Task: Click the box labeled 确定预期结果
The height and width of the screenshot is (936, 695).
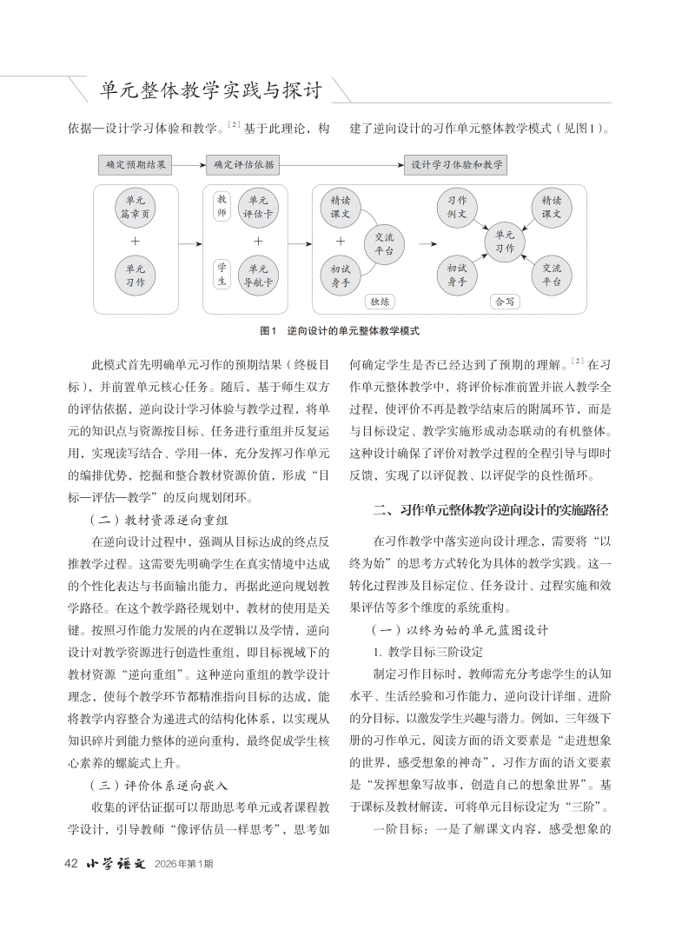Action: [x=136, y=163]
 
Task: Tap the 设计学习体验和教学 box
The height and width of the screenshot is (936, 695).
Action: [x=455, y=163]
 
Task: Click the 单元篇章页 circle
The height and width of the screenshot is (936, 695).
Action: [x=136, y=207]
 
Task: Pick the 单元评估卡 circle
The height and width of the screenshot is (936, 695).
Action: [x=258, y=207]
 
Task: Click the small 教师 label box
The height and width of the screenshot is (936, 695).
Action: [x=221, y=206]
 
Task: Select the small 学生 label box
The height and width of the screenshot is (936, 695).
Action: [x=221, y=274]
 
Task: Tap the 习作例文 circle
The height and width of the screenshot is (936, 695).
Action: [x=456, y=207]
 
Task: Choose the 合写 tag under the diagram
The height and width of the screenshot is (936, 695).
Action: [x=504, y=302]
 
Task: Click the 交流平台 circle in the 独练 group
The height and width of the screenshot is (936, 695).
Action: [x=383, y=242]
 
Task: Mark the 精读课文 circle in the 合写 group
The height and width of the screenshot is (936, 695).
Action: [x=552, y=207]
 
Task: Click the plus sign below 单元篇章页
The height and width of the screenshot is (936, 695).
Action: [x=136, y=241]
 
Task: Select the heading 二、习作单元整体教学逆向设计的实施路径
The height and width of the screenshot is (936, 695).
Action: [x=490, y=508]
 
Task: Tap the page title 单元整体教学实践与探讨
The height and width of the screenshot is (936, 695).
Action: [x=211, y=90]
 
